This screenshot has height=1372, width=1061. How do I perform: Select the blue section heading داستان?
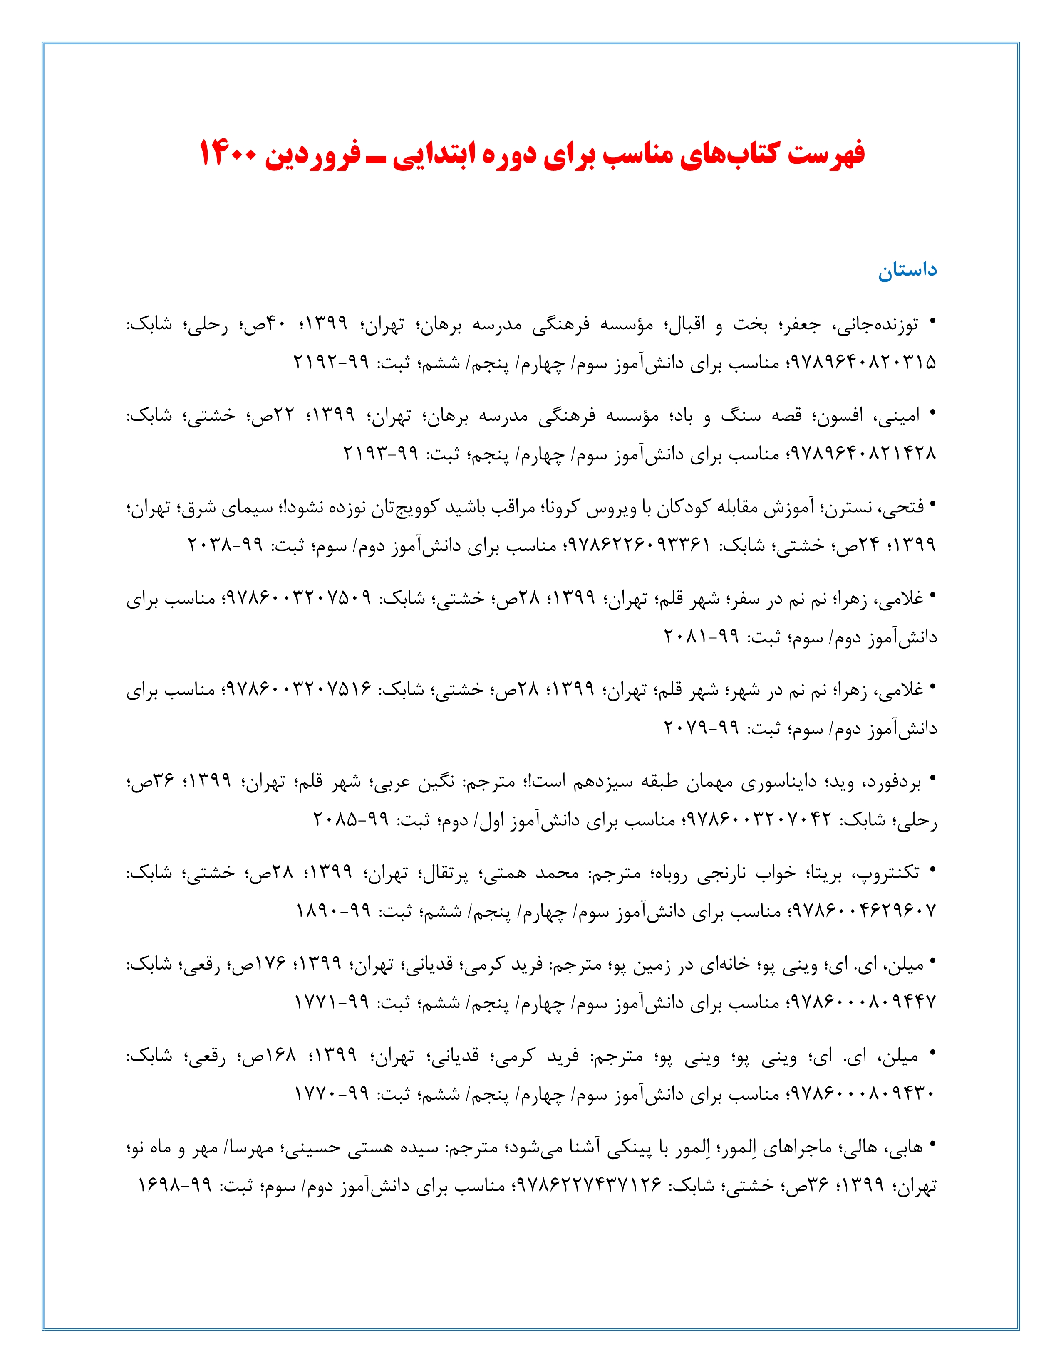coord(907,271)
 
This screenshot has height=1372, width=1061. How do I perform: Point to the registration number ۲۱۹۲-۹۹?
coord(331,363)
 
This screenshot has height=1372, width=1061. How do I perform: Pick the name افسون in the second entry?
coord(839,415)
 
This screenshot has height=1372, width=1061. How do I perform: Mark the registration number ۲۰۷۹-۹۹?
coord(701,728)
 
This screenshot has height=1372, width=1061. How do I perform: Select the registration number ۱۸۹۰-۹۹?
coord(334,911)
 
